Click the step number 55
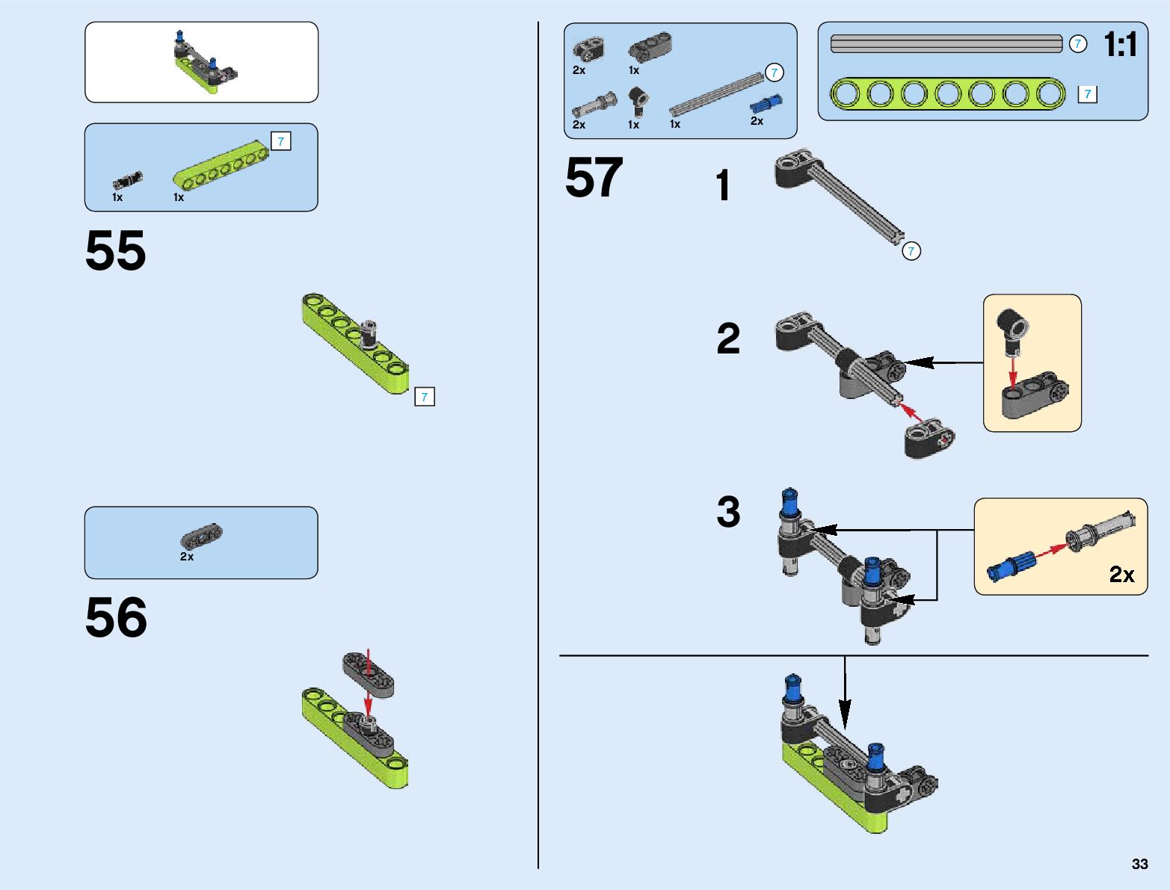[115, 251]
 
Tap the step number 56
[116, 618]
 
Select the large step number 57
[594, 178]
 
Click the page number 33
[1139, 864]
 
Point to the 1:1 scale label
[1120, 46]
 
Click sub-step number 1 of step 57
[722, 186]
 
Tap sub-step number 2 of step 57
[728, 339]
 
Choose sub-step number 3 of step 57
[728, 513]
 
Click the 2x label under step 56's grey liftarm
[187, 557]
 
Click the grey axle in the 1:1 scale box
[946, 44]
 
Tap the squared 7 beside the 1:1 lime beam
[1087, 94]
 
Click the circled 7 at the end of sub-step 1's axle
[911, 251]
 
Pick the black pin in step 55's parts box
[127, 181]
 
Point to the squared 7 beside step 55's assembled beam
[424, 397]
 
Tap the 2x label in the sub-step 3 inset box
[1121, 574]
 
